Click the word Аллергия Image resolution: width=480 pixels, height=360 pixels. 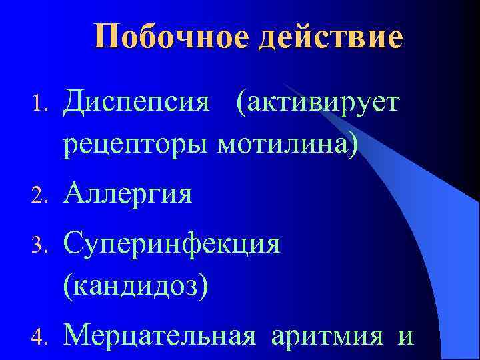[x=128, y=194]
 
